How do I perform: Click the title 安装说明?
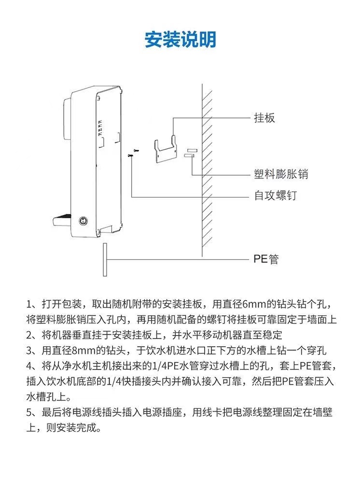[181, 39]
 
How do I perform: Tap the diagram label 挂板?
[265, 118]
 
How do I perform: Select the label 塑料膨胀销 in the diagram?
[281, 174]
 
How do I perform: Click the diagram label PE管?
[266, 259]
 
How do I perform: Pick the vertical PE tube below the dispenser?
[104, 259]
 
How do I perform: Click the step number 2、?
[33, 335]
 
